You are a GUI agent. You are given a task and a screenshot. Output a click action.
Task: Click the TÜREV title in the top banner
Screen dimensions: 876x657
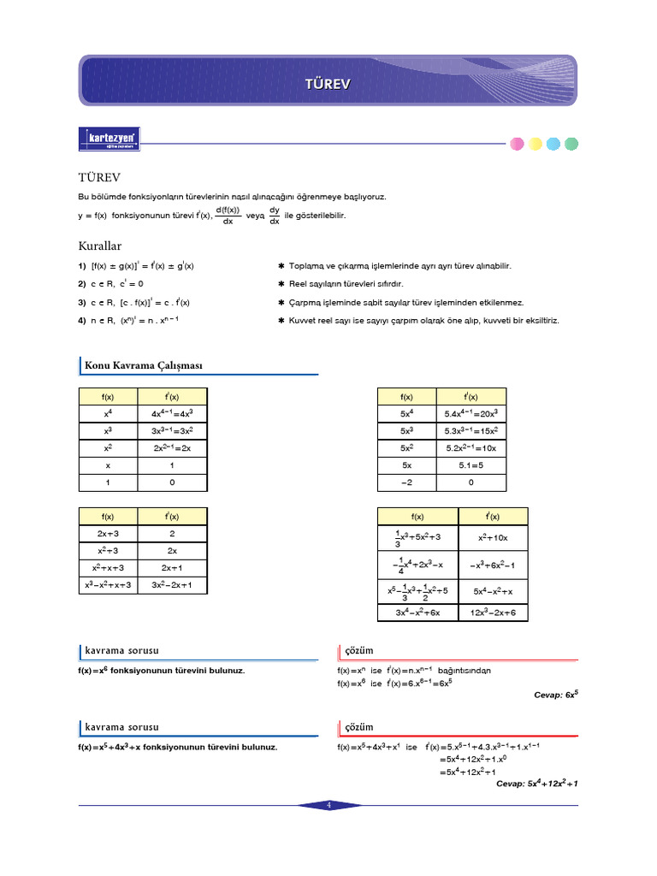click(x=328, y=83)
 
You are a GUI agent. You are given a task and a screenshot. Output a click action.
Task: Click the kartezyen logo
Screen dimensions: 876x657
click(x=109, y=139)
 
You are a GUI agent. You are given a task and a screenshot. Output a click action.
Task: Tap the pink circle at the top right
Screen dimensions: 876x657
click(x=518, y=144)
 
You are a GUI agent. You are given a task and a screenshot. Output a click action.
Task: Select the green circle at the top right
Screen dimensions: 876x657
click(x=571, y=144)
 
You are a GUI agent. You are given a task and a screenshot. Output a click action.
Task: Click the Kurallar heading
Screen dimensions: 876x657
click(x=101, y=246)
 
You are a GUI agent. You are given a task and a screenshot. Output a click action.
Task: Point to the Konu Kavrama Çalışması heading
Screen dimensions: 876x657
click(x=143, y=366)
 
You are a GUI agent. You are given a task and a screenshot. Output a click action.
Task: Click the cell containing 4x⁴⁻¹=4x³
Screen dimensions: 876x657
click(x=173, y=413)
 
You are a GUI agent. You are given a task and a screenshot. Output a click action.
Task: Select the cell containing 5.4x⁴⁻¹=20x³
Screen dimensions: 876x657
click(x=471, y=413)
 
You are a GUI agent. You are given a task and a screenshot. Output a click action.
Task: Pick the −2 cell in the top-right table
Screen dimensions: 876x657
click(x=407, y=482)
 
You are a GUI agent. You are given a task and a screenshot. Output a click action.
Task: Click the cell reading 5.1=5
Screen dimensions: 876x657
click(x=471, y=465)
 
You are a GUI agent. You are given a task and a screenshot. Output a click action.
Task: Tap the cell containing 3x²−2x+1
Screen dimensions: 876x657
click(x=173, y=586)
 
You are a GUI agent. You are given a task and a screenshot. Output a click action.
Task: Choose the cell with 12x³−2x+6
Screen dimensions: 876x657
click(x=494, y=613)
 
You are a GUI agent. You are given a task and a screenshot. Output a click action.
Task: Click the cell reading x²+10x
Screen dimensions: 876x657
click(x=494, y=537)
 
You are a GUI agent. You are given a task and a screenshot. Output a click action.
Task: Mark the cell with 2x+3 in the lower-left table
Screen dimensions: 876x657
click(x=108, y=533)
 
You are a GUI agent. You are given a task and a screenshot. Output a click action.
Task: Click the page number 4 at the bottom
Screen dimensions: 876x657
click(x=328, y=805)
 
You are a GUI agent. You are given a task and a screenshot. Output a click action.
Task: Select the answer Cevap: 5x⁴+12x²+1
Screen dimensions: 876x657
click(x=537, y=783)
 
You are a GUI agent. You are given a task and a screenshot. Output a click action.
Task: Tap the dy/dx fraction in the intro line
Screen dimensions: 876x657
click(x=275, y=216)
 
